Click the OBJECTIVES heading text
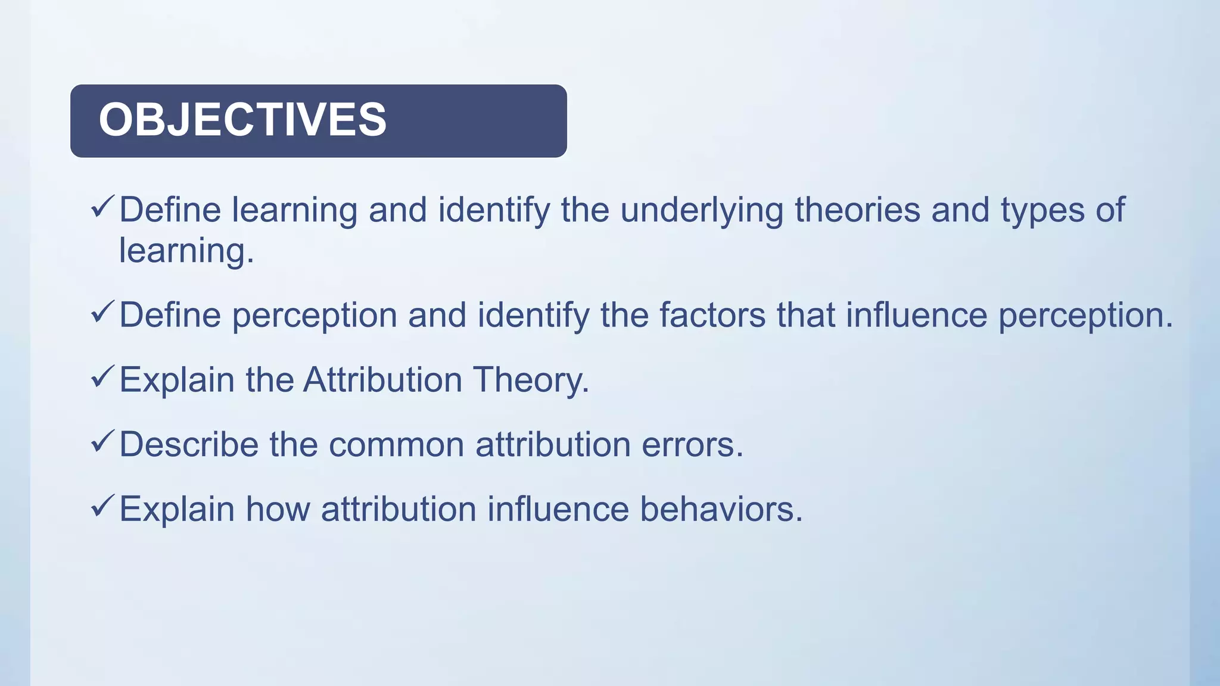click(x=242, y=120)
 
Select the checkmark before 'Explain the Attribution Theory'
click(x=102, y=377)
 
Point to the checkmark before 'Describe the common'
click(x=102, y=442)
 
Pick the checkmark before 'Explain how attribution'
click(x=102, y=506)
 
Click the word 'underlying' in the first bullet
click(x=701, y=211)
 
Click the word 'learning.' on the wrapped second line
click(x=186, y=251)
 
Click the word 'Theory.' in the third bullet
click(x=531, y=380)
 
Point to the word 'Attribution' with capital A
click(x=382, y=379)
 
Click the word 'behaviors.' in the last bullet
click(x=721, y=509)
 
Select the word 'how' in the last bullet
click(x=278, y=509)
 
